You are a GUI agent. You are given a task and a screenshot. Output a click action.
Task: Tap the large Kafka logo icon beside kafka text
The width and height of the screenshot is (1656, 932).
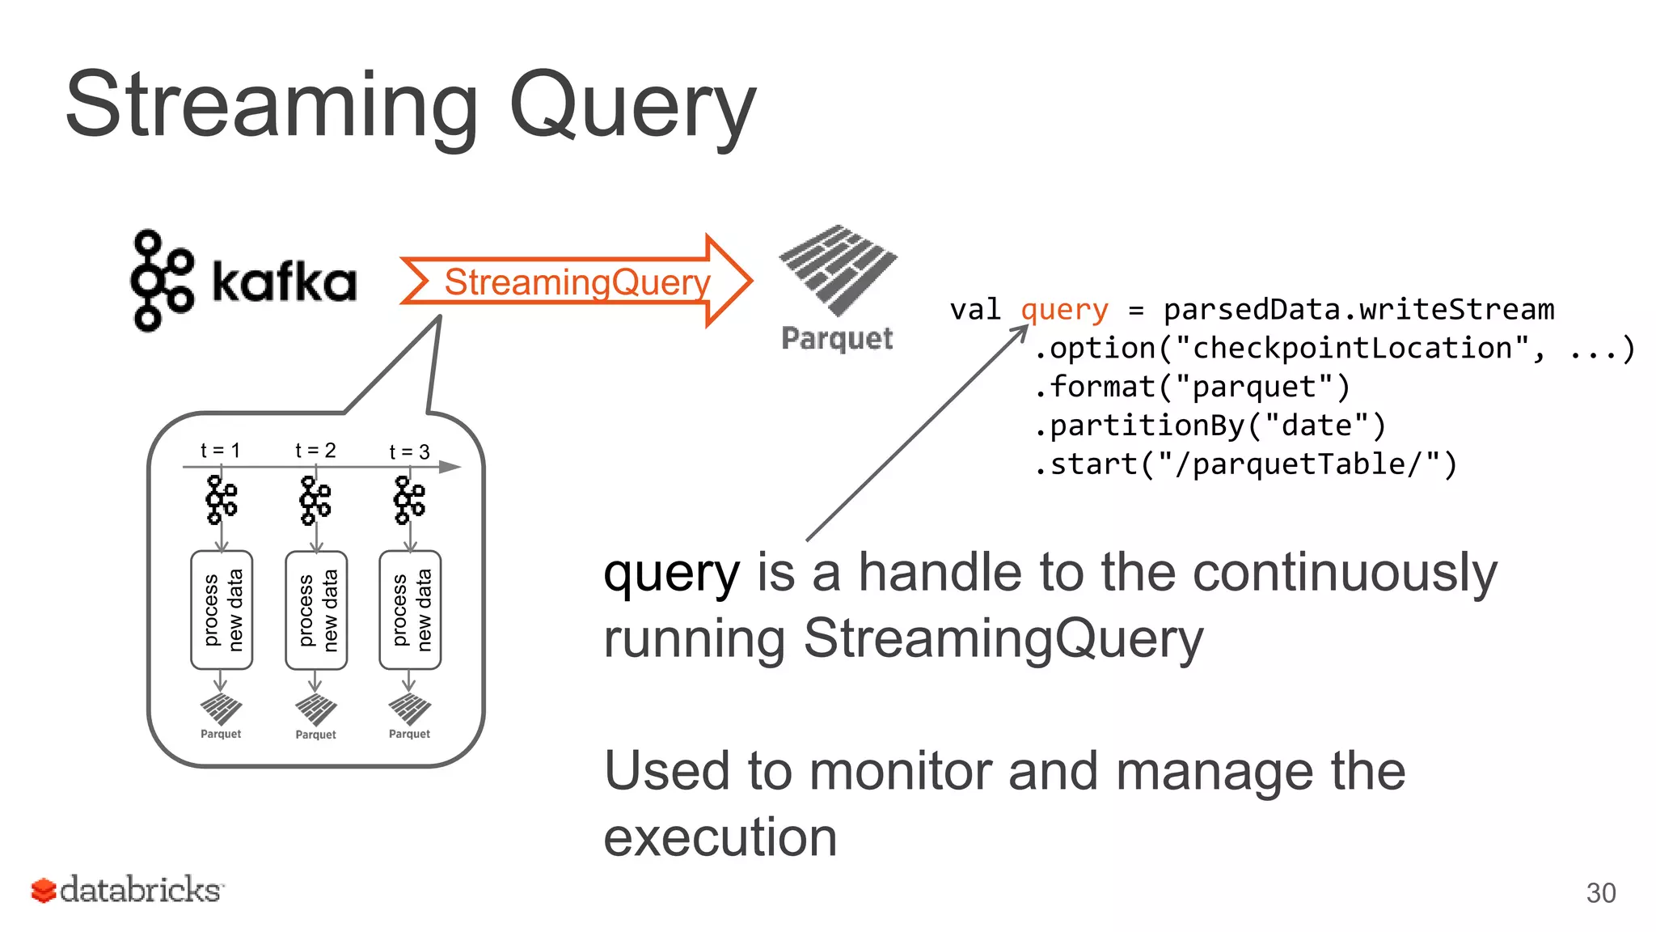(x=162, y=281)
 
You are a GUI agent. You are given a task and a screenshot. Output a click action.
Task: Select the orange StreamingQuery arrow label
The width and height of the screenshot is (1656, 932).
(x=577, y=282)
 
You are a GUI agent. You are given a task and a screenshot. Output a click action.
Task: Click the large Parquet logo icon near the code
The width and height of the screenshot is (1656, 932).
(x=838, y=271)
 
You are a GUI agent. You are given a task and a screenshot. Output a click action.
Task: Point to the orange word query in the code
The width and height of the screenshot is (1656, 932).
(x=1064, y=309)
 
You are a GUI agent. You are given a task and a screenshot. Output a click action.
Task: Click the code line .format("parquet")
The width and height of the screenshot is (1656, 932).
(x=1192, y=387)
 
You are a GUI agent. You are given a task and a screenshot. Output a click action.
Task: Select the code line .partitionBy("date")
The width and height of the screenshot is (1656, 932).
(x=1210, y=426)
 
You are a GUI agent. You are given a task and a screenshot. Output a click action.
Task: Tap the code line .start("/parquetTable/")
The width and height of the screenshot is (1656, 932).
(x=1245, y=464)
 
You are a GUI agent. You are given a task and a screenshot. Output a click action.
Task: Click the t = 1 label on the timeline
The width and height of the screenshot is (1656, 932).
(x=220, y=450)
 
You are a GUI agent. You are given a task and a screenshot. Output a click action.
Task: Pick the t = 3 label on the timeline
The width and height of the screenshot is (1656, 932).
(x=409, y=451)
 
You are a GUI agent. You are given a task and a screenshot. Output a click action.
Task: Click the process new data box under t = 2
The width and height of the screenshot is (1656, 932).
(x=316, y=610)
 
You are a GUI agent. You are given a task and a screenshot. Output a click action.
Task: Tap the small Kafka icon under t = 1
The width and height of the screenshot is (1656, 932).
(x=221, y=500)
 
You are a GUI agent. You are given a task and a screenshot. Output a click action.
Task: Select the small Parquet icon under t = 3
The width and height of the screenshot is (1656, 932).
(x=410, y=710)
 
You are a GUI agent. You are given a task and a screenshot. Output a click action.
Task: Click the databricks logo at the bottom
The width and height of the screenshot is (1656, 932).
(x=127, y=890)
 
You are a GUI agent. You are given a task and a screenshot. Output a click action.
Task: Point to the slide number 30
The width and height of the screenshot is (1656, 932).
(x=1600, y=893)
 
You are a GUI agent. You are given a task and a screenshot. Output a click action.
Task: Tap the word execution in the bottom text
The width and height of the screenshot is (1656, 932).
(x=720, y=837)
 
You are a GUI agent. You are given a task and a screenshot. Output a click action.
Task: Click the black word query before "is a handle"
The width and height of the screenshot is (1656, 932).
(x=671, y=574)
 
